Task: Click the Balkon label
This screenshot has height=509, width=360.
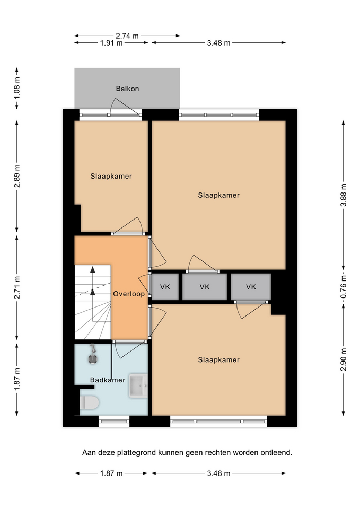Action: point(127,89)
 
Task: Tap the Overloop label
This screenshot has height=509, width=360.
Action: point(129,294)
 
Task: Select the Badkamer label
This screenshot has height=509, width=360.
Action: point(108,380)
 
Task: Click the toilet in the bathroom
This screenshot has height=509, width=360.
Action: point(89,402)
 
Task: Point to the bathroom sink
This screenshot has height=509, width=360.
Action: point(138,385)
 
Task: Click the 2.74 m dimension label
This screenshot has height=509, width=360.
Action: point(127,36)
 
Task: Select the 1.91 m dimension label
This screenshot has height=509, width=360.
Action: point(111,43)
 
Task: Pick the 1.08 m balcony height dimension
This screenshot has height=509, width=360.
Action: point(17,87)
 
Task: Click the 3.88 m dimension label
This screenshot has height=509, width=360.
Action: point(344,195)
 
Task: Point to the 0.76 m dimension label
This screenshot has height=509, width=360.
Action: point(344,287)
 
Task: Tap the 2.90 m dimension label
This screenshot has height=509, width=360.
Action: point(344,359)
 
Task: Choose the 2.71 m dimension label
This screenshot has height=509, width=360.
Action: point(17,287)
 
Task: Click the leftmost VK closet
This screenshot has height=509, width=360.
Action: point(165,287)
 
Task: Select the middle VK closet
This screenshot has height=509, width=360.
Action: point(205,287)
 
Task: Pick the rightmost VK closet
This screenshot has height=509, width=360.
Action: point(251,287)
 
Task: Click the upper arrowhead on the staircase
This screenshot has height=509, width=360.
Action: point(93,269)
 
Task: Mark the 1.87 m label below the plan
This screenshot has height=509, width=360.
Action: point(111,473)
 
